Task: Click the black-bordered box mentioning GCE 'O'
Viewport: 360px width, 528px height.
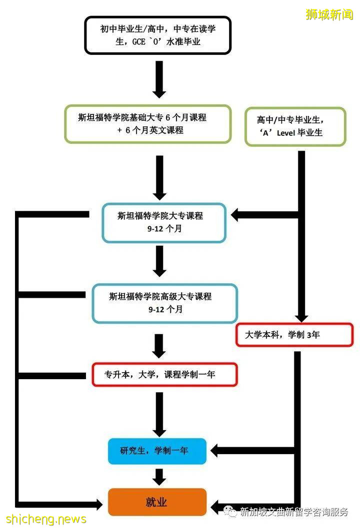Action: coord(157,35)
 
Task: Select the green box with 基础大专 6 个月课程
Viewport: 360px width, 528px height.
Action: coord(147,124)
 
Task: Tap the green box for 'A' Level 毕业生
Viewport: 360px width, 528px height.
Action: coord(295,126)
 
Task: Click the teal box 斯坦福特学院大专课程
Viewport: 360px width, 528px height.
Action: coord(163,223)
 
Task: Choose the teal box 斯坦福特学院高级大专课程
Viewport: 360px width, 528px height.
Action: coord(164,303)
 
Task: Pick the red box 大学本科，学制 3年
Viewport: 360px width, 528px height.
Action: coord(294,335)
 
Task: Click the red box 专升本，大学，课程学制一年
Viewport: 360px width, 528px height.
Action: coord(164,374)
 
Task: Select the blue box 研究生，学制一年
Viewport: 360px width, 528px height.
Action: coord(157,451)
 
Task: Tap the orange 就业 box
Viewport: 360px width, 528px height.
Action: coord(157,502)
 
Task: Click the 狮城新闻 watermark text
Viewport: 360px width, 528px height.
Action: coord(329,14)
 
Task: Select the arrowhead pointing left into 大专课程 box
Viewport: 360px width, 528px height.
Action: coord(237,215)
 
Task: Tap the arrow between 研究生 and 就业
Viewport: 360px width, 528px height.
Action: coord(159,477)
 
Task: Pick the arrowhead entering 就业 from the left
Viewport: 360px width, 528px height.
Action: coord(97,503)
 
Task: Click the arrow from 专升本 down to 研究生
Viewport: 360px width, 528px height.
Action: coord(159,415)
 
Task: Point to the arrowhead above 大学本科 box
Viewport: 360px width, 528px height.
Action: coord(301,318)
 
